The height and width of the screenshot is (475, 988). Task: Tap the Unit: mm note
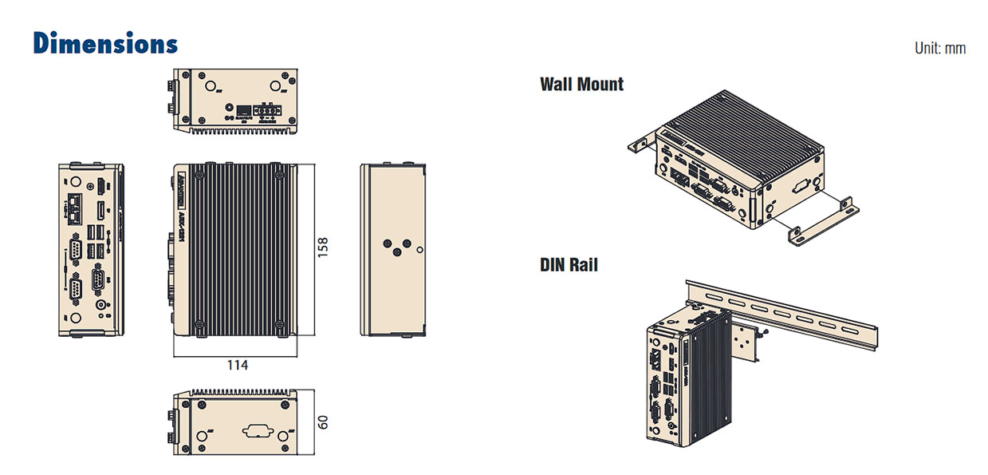point(940,49)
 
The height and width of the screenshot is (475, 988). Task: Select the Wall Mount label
point(581,84)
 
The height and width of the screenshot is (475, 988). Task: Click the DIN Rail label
point(569,264)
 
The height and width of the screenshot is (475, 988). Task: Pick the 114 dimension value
point(236,365)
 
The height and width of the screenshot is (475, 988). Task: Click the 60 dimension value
point(322,422)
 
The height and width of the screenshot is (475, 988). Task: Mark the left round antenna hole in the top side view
point(212,86)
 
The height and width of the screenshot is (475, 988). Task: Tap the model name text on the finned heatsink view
point(182,228)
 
